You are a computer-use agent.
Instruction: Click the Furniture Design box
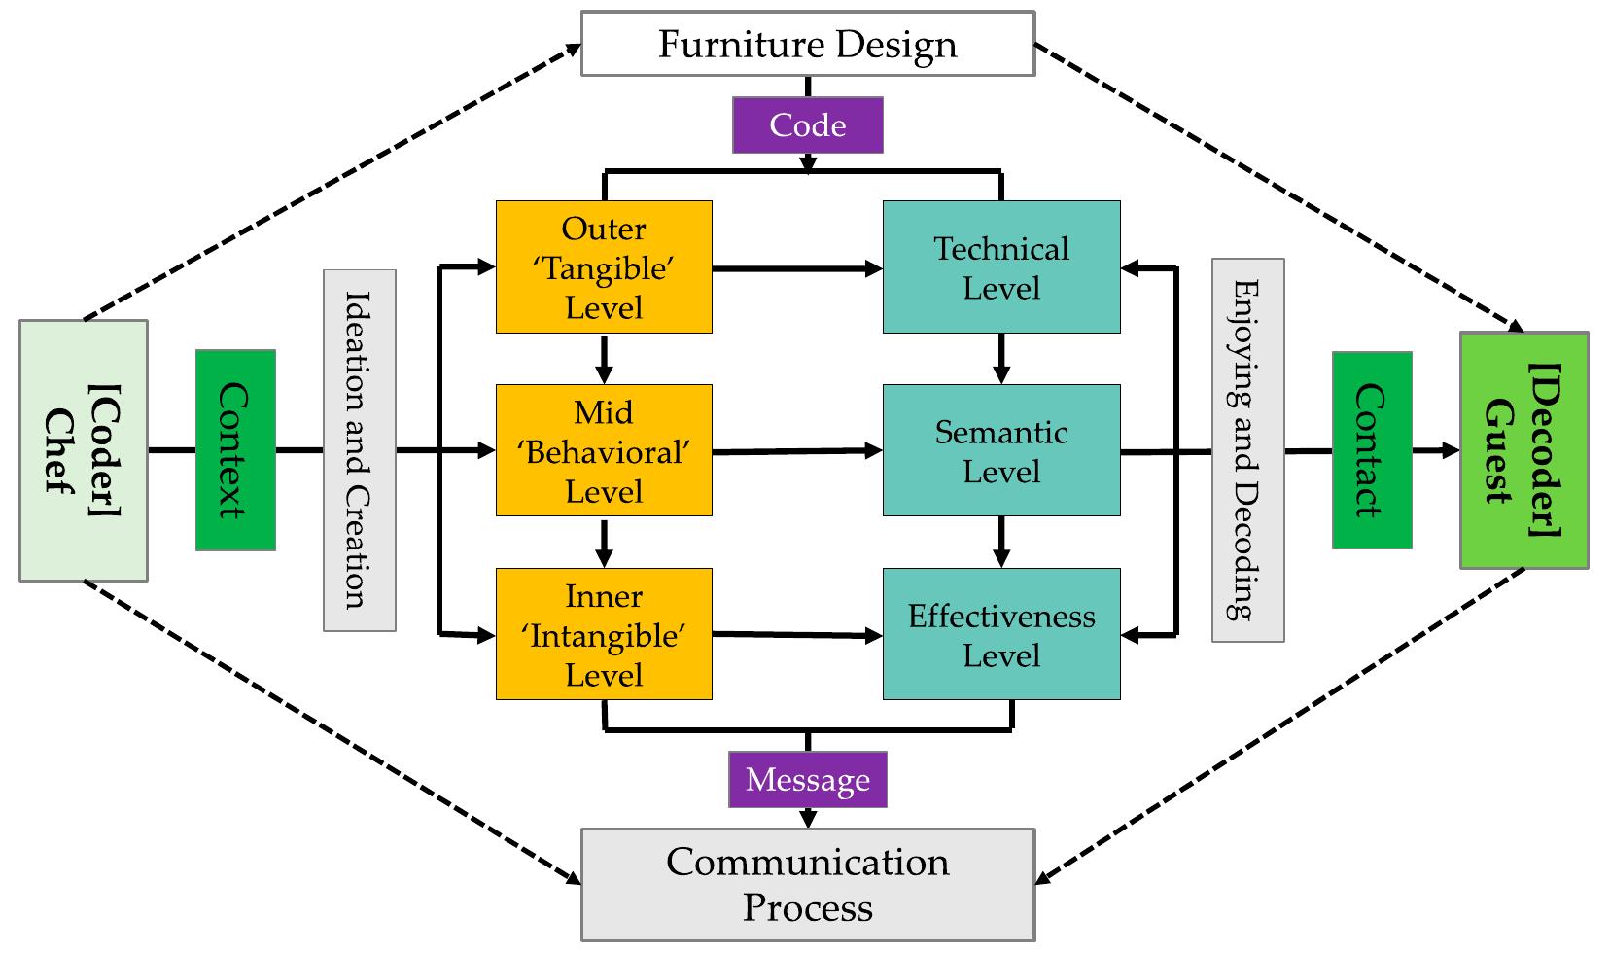pyautogui.click(x=807, y=44)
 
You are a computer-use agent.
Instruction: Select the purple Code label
pyautogui.click(x=807, y=125)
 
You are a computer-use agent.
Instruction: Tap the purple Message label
pyautogui.click(x=807, y=780)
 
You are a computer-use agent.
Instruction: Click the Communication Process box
pyautogui.click(x=807, y=884)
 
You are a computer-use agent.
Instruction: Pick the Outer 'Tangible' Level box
pyautogui.click(x=604, y=267)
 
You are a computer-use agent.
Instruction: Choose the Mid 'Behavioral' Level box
pyautogui.click(x=604, y=450)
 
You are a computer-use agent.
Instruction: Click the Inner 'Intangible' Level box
pyautogui.click(x=604, y=634)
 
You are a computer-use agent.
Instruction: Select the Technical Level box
pyautogui.click(x=1001, y=267)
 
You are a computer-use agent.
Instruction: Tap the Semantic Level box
pyautogui.click(x=1001, y=450)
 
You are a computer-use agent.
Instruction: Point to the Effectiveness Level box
pyautogui.click(x=1001, y=634)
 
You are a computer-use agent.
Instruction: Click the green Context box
pyautogui.click(x=235, y=450)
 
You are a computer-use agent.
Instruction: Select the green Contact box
pyautogui.click(x=1371, y=450)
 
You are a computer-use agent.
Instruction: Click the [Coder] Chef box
pyautogui.click(x=84, y=450)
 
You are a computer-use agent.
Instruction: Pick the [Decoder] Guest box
pyautogui.click(x=1523, y=450)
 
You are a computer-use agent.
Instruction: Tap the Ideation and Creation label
pyautogui.click(x=359, y=450)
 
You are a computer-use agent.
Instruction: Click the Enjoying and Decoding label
pyautogui.click(x=1247, y=450)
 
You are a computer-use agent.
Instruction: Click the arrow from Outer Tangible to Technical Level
pyautogui.click(x=797, y=268)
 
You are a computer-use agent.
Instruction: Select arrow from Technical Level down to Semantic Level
pyautogui.click(x=1001, y=359)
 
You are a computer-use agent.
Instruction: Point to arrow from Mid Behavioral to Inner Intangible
pyautogui.click(x=604, y=543)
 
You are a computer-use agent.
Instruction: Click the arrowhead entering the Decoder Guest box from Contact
pyautogui.click(x=1450, y=450)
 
